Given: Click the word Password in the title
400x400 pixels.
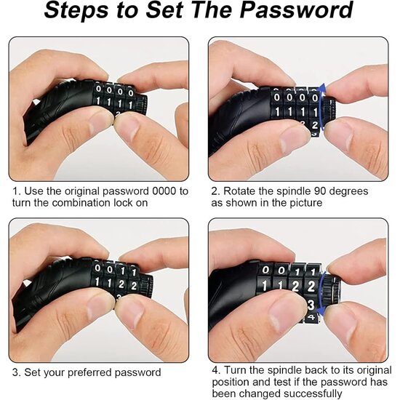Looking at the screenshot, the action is tap(296, 10).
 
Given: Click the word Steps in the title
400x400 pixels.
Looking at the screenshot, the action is tap(76, 11).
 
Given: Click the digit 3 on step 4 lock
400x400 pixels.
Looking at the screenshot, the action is tap(311, 305).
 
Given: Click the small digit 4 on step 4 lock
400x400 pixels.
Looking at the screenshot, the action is tap(312, 318).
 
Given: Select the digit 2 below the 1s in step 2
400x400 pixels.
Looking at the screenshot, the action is tap(315, 125).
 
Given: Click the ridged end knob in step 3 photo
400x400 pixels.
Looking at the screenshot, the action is tap(147, 286).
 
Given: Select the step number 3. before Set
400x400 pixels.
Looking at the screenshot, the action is tap(16, 372).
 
